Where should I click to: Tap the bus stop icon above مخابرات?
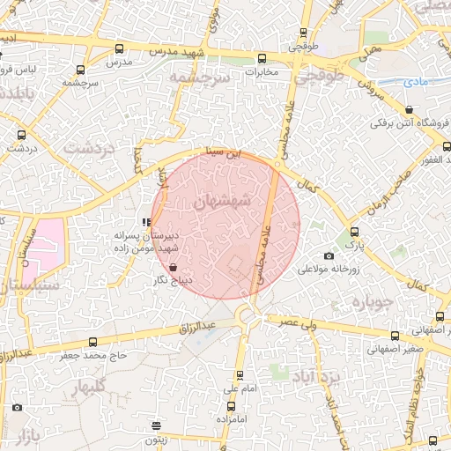coord(261,59)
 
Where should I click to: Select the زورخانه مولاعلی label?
coord(330,268)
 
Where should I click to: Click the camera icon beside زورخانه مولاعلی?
coord(329,255)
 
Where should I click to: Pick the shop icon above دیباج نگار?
coord(172,266)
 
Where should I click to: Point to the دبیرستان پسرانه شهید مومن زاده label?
coord(148,242)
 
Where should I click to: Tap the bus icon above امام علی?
coord(240,375)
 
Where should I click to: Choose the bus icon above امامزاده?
coord(231,406)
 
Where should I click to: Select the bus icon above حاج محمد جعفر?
coord(92,342)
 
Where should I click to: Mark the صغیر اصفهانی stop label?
coord(394,347)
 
